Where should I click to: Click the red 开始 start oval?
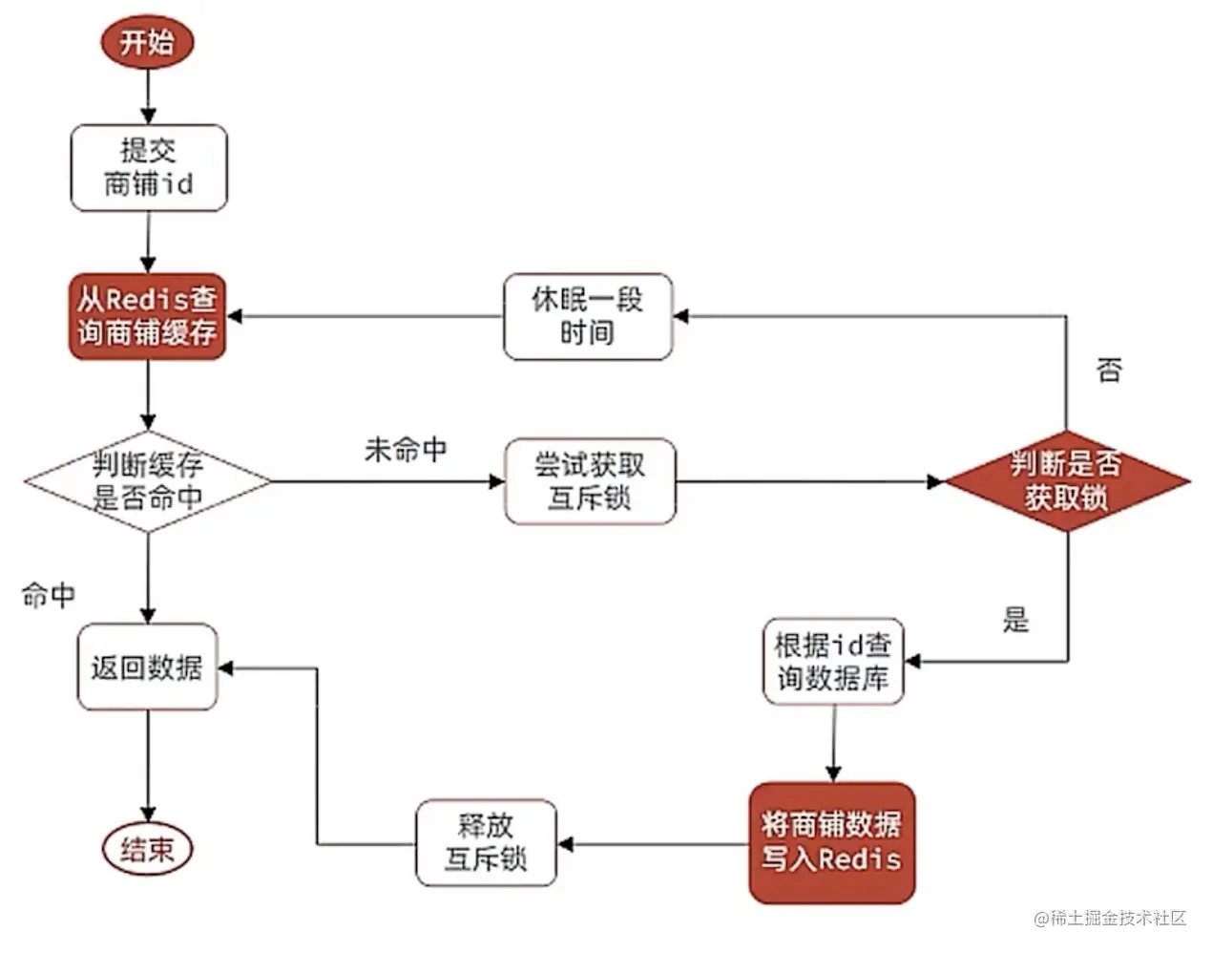pyautogui.click(x=147, y=43)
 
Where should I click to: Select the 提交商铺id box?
pyautogui.click(x=149, y=167)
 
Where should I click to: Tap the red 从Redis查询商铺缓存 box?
pyautogui.click(x=148, y=317)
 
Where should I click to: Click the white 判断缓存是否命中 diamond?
pyautogui.click(x=148, y=481)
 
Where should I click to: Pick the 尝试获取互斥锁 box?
pyautogui.click(x=590, y=481)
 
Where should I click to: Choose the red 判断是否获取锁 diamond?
pyautogui.click(x=1066, y=481)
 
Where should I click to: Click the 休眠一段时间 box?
pyautogui.click(x=588, y=317)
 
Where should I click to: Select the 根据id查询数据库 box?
pyautogui.click(x=833, y=662)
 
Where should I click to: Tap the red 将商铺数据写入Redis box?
pyautogui.click(x=832, y=843)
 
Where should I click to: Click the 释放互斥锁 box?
pyautogui.click(x=486, y=843)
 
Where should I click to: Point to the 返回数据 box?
pyautogui.click(x=148, y=667)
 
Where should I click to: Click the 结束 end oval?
pyautogui.click(x=148, y=849)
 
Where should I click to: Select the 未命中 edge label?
pyautogui.click(x=406, y=450)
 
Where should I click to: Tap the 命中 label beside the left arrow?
pyautogui.click(x=49, y=596)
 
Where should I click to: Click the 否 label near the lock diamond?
pyautogui.click(x=1109, y=371)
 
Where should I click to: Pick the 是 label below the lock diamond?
pyautogui.click(x=1015, y=621)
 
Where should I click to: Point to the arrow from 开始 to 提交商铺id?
pyautogui.click(x=148, y=95)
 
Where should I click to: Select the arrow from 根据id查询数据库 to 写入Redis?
pyautogui.click(x=833, y=743)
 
